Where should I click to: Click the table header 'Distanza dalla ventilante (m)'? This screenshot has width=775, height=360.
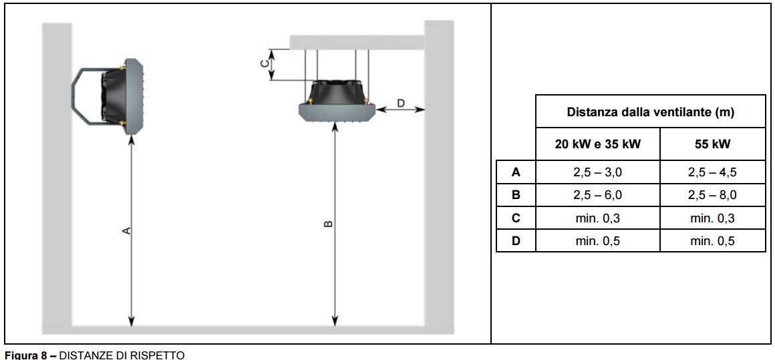650,112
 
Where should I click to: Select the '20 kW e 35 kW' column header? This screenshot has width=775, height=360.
597,144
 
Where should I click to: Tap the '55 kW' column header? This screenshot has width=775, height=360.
712,144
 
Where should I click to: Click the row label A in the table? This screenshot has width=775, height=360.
515,172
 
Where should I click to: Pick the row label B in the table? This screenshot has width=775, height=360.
515,195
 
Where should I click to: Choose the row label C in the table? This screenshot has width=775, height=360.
515,218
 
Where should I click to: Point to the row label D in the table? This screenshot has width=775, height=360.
515,240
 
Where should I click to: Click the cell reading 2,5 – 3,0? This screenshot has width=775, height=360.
597,172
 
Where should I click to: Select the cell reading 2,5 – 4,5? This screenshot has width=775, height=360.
712,172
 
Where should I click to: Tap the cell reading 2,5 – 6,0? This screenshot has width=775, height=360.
597,195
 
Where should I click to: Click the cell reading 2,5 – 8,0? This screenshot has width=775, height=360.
712,195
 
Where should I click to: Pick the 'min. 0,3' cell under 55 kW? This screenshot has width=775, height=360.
712,218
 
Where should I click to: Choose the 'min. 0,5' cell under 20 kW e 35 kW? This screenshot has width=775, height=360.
597,240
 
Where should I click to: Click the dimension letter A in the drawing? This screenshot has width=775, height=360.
125,230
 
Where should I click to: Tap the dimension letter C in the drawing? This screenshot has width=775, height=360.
264,63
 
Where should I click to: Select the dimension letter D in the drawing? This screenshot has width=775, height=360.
400,103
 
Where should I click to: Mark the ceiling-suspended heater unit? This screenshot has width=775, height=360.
337,100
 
